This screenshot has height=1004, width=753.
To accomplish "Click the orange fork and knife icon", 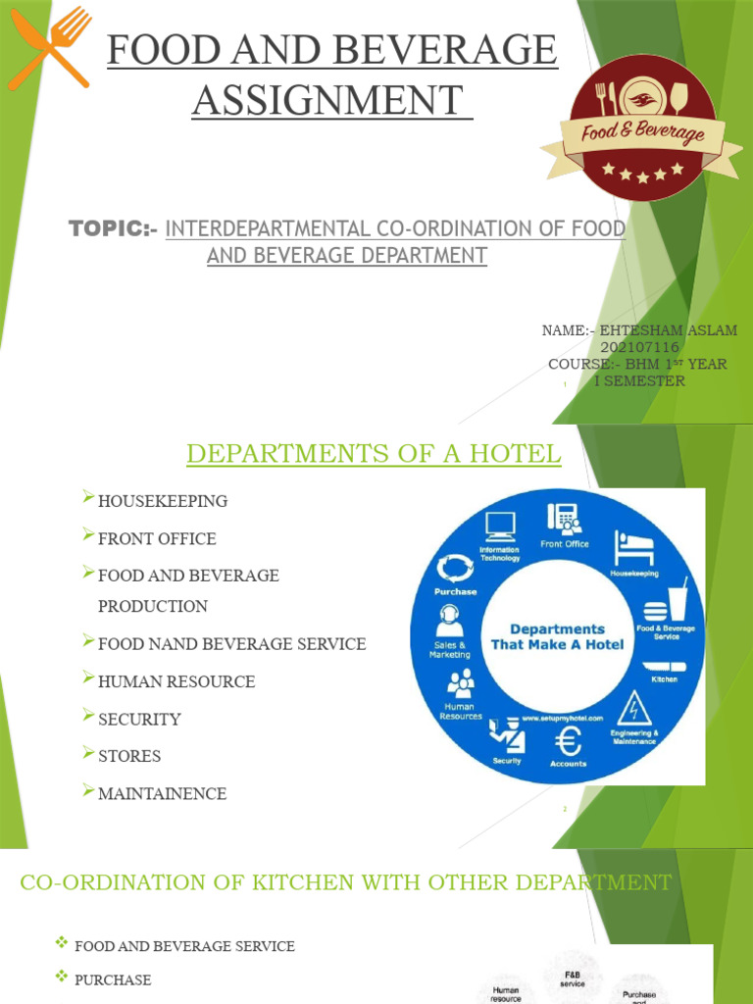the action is (x=49, y=47).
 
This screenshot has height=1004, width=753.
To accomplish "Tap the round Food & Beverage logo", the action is (x=643, y=128).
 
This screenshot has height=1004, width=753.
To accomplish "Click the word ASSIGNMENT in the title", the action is (x=327, y=100).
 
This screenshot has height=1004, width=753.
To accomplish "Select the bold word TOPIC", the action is (x=108, y=229).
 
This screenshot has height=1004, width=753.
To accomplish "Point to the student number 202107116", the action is (x=639, y=347).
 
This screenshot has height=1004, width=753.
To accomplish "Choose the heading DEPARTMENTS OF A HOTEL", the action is (x=374, y=454).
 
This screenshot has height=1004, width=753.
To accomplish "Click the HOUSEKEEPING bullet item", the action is (x=163, y=501).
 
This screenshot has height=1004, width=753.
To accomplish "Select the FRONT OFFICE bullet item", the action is (x=157, y=538).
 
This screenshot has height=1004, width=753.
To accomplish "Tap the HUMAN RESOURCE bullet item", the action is (x=176, y=681).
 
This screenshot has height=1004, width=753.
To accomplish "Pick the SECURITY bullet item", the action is (x=139, y=719).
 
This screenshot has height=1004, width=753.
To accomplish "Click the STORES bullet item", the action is (x=129, y=756).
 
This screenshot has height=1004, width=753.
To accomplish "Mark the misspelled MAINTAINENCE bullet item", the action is (x=162, y=793).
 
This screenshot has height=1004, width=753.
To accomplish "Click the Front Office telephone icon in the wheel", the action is (x=565, y=517).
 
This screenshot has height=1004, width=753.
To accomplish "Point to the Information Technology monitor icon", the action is (x=500, y=527).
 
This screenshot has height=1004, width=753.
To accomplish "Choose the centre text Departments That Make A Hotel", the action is (x=557, y=637).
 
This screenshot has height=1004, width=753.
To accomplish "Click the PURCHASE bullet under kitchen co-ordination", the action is (x=113, y=979).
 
